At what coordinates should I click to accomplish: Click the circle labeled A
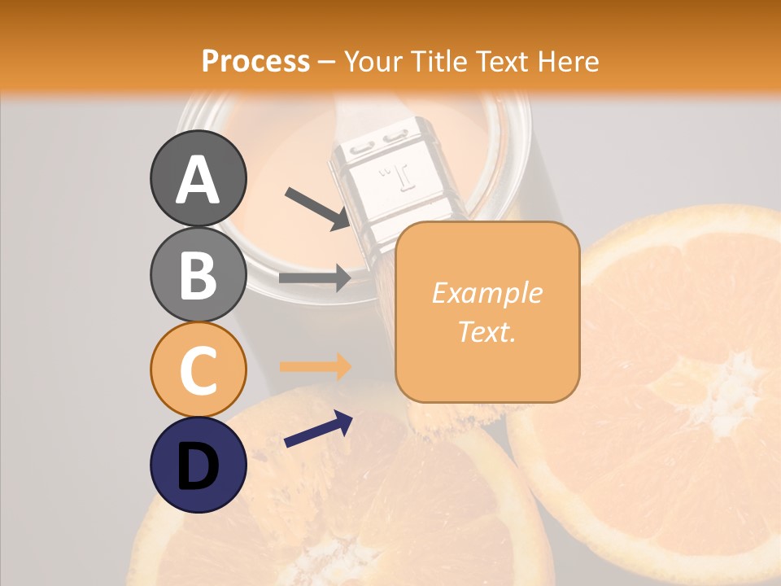(198, 178)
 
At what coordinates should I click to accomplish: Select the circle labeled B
(198, 274)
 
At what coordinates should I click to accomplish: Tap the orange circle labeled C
(198, 370)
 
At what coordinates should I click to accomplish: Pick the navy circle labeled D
(198, 465)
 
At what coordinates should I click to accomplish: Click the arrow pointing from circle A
(316, 208)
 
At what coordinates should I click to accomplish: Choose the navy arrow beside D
(318, 429)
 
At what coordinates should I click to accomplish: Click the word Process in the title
(255, 62)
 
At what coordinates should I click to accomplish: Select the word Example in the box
(486, 293)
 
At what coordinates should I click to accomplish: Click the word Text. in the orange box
(486, 331)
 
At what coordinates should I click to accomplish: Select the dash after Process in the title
(327, 62)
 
